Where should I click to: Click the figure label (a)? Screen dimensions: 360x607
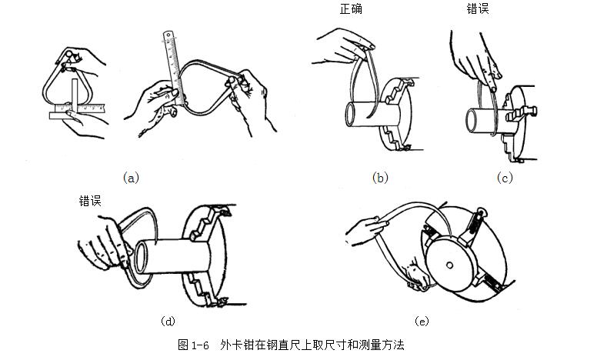pyautogui.click(x=132, y=178)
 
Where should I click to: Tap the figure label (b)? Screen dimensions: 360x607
pyautogui.click(x=380, y=178)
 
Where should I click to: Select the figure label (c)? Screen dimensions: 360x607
pyautogui.click(x=504, y=178)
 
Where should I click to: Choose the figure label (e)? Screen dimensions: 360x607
pyautogui.click(x=422, y=319)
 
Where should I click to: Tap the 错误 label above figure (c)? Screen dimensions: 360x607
pyautogui.click(x=478, y=11)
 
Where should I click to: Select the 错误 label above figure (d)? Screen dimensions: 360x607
pyautogui.click(x=91, y=200)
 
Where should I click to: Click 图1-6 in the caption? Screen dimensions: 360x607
pyautogui.click(x=193, y=345)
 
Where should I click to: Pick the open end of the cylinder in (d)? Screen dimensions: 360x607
pyautogui.click(x=142, y=258)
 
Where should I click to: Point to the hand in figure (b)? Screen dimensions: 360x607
pyautogui.click(x=339, y=46)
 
